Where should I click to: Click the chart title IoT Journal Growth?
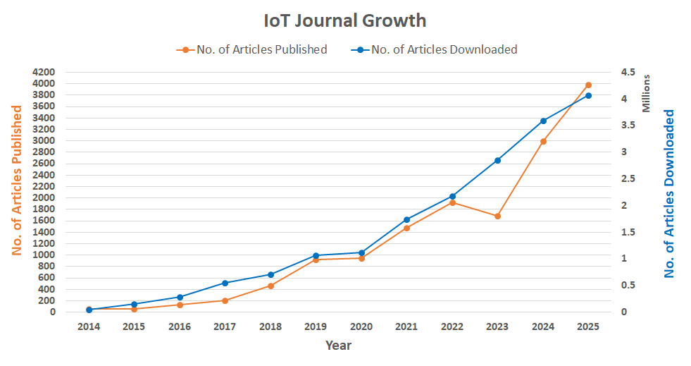(x=345, y=20)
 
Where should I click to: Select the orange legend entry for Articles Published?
(x=251, y=49)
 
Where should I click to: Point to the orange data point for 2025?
(x=588, y=85)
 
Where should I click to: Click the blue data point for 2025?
(x=588, y=95)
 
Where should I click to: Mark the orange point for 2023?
(x=497, y=216)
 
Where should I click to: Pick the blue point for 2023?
(x=497, y=160)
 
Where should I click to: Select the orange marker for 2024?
(x=543, y=141)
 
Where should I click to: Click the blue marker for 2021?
(x=406, y=219)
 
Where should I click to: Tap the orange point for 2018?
(x=270, y=286)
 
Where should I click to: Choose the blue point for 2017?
(x=225, y=283)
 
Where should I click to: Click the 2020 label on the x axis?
(x=361, y=327)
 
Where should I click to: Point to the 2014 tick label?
(x=89, y=327)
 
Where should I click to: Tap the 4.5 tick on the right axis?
(x=628, y=72)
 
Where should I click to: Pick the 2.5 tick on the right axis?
(x=628, y=178)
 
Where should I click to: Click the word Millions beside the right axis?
(x=647, y=93)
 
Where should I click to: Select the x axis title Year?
(x=338, y=346)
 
